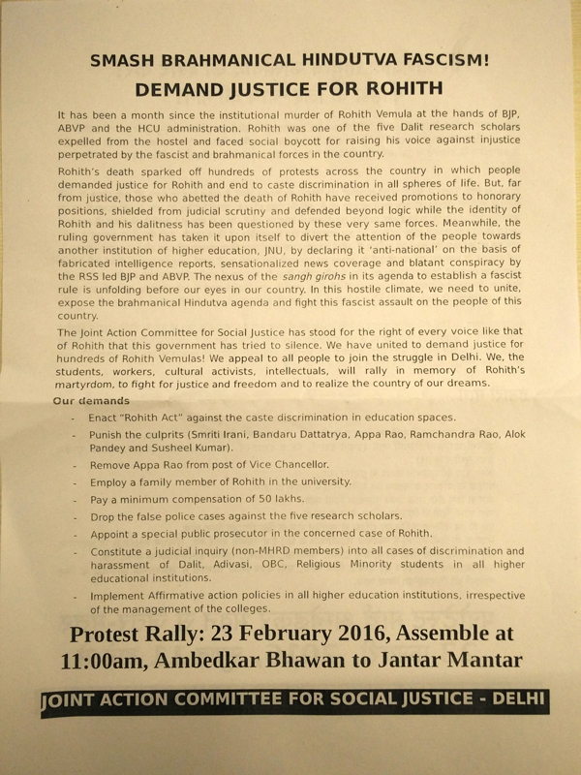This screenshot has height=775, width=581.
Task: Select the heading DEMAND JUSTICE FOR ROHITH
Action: pos(290,89)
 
